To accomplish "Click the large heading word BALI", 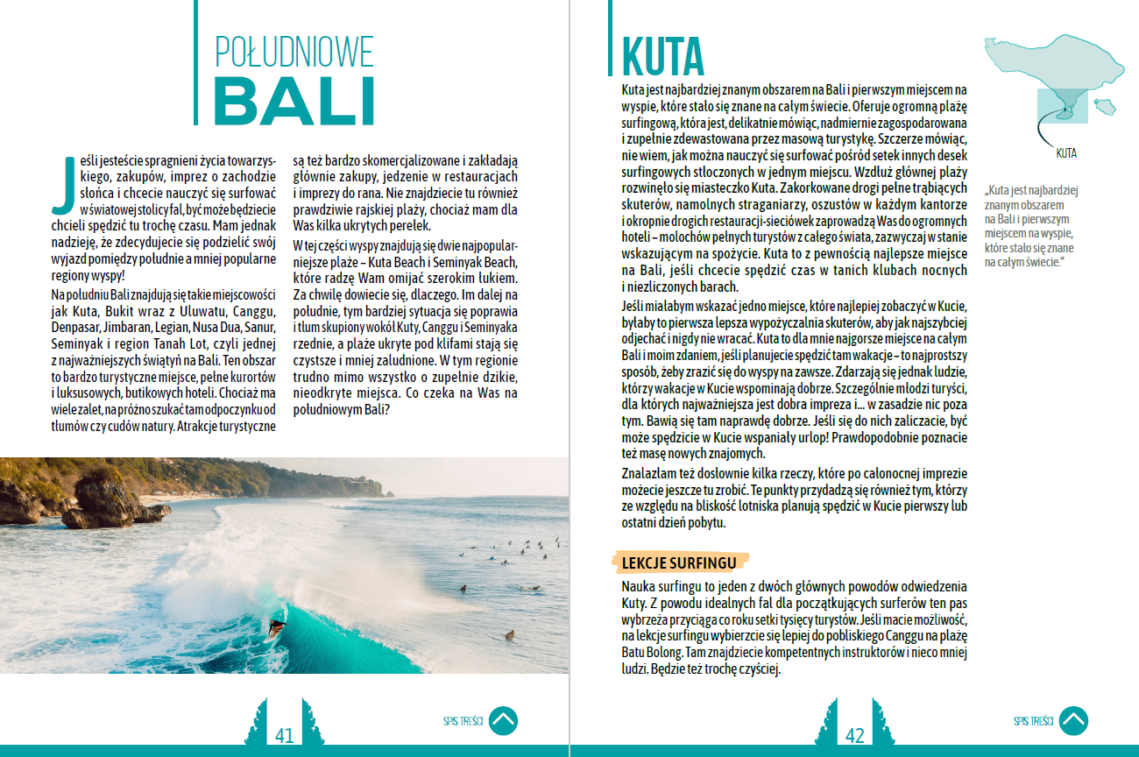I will coord(294,102).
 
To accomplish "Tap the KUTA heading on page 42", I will coord(662,56).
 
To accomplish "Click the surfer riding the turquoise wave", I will coord(276,626).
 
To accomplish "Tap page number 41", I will coord(285,735).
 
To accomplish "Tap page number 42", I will coord(854,735).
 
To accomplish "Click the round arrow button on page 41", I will coord(503,721).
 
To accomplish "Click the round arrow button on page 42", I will coord(1073,721).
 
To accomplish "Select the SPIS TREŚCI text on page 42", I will coord(1033,722).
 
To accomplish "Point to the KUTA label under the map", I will coord(1065,153).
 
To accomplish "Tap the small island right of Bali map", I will coord(1106,107).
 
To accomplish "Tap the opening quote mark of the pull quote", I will coord(987,190).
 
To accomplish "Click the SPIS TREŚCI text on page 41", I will coord(463,722).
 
